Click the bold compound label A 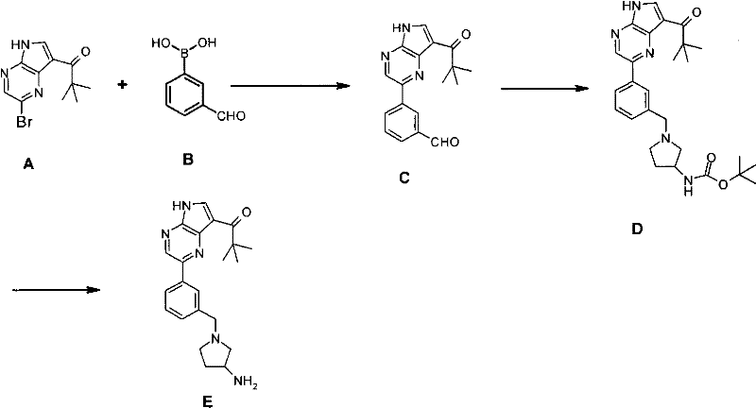[x=28, y=165]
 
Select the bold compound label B [x=188, y=160]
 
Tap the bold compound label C [x=404, y=178]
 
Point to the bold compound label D [x=637, y=229]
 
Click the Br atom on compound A [x=25, y=123]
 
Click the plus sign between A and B [x=123, y=85]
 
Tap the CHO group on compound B [x=232, y=116]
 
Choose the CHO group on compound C [x=445, y=142]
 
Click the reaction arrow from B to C [x=290, y=86]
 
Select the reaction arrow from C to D [x=545, y=89]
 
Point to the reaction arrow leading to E [x=56, y=290]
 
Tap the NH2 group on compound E [x=246, y=382]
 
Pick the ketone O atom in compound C [x=466, y=35]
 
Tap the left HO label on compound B [x=159, y=43]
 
